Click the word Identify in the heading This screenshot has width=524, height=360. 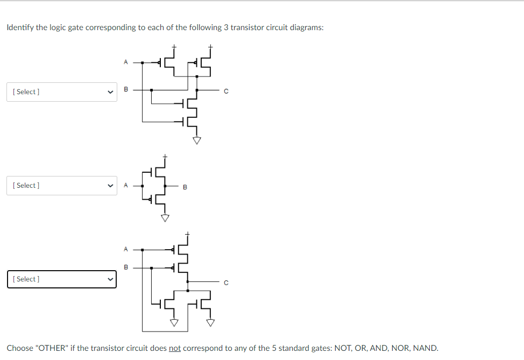tap(20, 27)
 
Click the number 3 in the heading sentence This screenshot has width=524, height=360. tap(226, 27)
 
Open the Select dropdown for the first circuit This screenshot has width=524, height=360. tap(61, 92)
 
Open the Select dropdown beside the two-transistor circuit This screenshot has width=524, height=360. tap(61, 186)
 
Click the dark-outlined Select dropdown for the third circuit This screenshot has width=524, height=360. tap(61, 279)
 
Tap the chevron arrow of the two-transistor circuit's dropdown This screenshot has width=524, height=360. tap(111, 186)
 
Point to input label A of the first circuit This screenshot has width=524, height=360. tap(126, 62)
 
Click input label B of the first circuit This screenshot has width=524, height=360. tap(126, 90)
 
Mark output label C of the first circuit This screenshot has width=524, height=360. tap(226, 92)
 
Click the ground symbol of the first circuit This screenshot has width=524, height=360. tap(197, 140)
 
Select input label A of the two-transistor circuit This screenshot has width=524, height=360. tap(126, 186)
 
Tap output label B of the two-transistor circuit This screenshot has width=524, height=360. tap(185, 187)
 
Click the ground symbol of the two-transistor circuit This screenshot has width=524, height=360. tap(165, 218)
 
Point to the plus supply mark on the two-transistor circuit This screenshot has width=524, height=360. tap(166, 156)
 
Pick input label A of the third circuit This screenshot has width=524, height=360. tap(126, 249)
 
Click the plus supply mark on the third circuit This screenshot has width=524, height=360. tap(187, 234)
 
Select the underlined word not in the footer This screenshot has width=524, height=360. tap(174, 348)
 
